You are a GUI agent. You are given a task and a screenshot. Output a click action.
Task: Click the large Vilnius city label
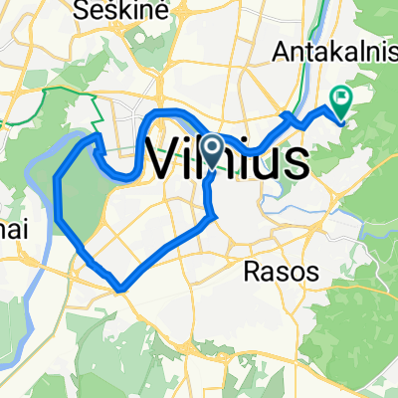tap(227, 159)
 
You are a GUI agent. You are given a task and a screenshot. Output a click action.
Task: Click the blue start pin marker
tap(213, 150)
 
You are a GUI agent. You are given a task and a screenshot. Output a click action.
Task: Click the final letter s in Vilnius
tap(295, 161)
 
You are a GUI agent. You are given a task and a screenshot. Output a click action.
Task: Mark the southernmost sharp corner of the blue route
tap(120, 290)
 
